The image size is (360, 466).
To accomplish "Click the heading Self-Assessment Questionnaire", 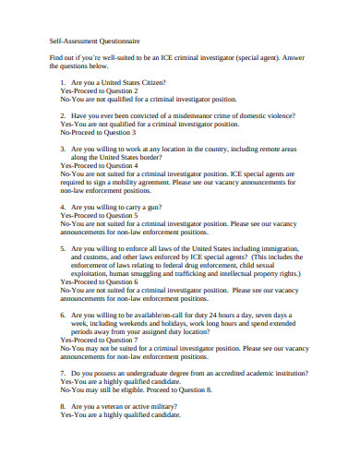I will (94, 42).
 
